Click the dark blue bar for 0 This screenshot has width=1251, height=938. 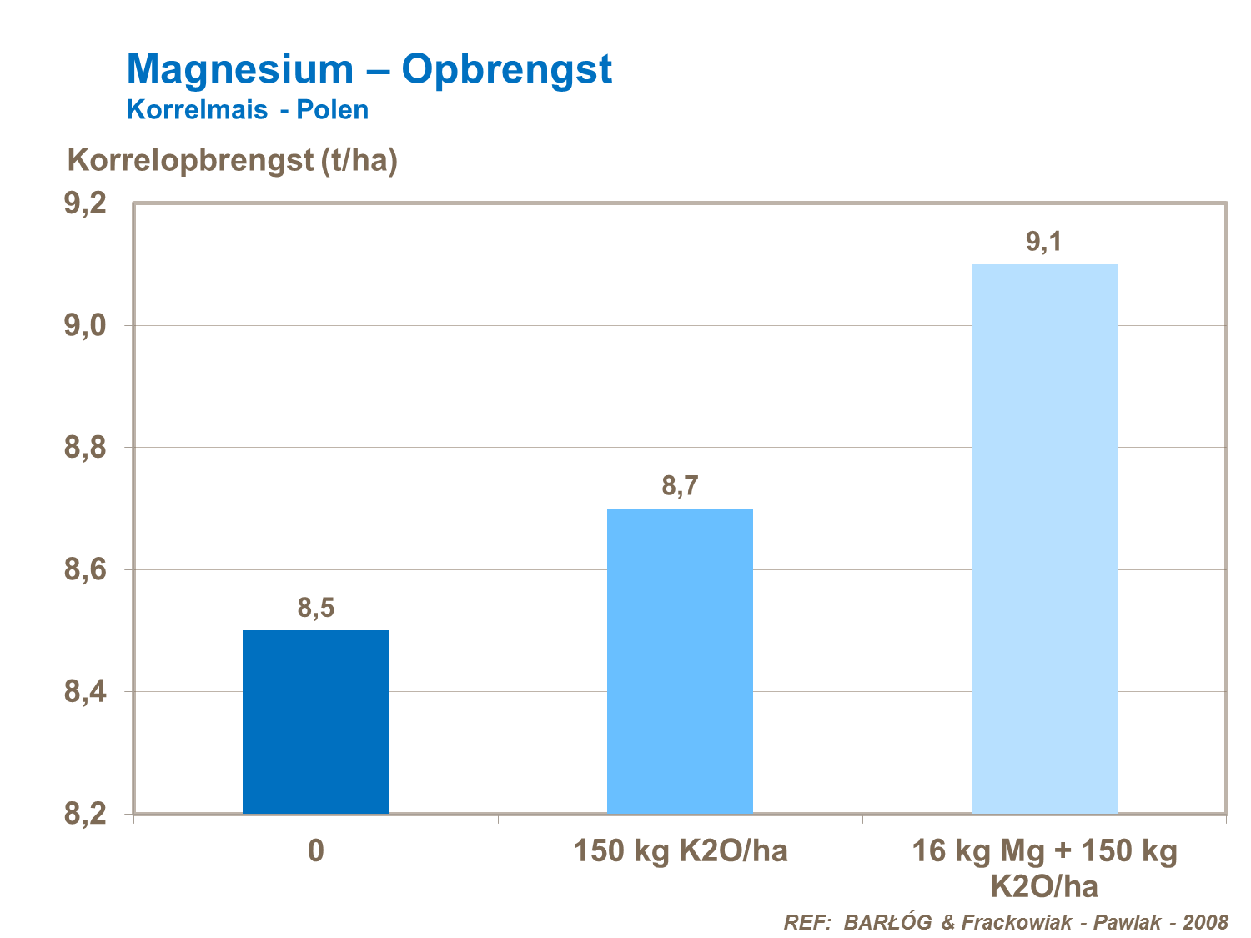click(315, 721)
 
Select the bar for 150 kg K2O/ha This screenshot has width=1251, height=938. click(680, 660)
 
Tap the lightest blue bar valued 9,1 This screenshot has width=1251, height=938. click(1044, 538)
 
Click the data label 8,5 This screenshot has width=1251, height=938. click(315, 609)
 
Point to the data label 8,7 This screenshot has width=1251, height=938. click(680, 486)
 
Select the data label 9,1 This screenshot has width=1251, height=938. click(1043, 242)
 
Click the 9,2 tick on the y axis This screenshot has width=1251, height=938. click(85, 203)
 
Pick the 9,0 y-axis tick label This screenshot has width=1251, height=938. click(85, 325)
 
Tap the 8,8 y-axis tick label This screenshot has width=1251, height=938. click(85, 448)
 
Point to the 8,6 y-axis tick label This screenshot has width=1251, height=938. click(85, 570)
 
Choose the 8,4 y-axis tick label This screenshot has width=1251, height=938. click(85, 692)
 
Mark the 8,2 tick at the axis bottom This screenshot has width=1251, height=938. click(85, 813)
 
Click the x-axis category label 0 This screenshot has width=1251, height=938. click(315, 851)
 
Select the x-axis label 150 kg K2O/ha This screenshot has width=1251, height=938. click(680, 851)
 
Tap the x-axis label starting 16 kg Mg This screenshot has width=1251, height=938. click(1044, 867)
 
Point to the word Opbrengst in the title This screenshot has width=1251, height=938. click(506, 69)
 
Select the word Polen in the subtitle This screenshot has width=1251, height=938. click(333, 110)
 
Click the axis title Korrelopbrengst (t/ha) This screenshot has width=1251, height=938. click(233, 160)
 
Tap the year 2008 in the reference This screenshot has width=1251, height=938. click(1205, 922)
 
